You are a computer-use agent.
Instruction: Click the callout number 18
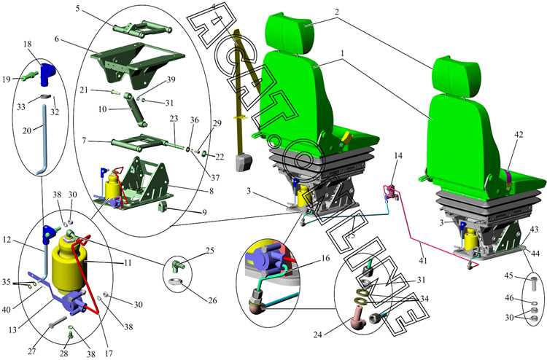(x=27, y=44)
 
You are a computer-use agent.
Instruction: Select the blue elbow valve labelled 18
(x=48, y=74)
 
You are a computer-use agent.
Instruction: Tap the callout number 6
(x=56, y=39)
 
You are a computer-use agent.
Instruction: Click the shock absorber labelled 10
(x=136, y=110)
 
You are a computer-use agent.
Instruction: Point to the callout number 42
(x=519, y=134)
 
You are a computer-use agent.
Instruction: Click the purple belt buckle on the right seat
(x=508, y=176)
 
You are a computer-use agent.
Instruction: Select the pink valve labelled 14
(x=390, y=192)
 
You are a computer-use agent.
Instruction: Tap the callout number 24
(x=317, y=335)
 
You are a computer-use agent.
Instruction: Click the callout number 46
(x=509, y=298)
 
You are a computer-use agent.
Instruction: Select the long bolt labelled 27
(x=58, y=321)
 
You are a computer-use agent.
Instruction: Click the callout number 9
(x=204, y=212)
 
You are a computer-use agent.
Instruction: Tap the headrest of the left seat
(x=290, y=33)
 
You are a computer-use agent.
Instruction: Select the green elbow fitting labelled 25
(x=178, y=267)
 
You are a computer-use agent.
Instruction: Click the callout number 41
(x=422, y=260)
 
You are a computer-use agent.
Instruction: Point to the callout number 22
(x=220, y=157)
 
